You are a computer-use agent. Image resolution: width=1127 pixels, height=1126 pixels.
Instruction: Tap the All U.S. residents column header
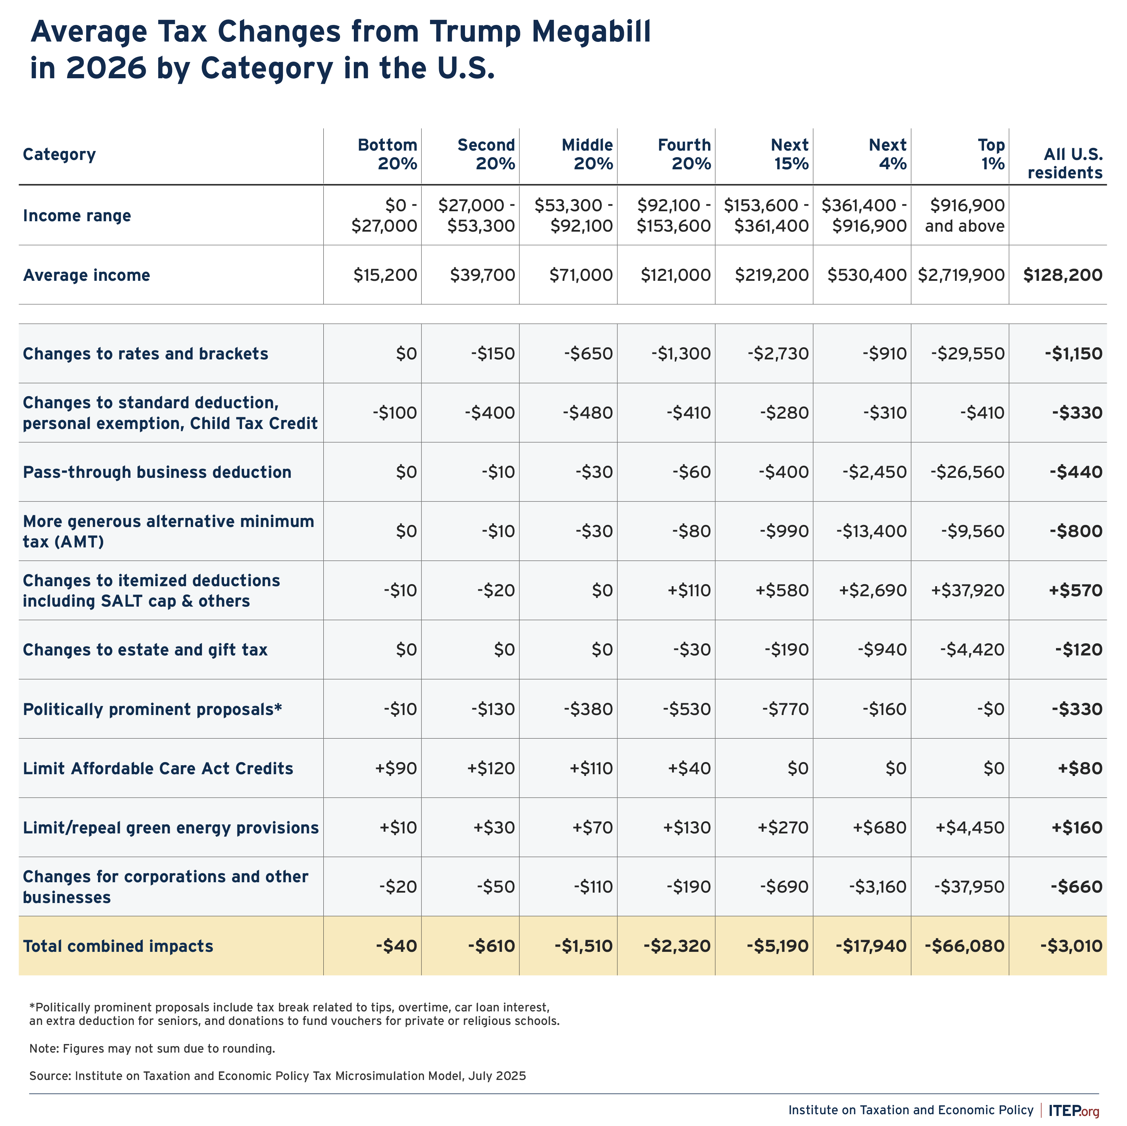(1065, 163)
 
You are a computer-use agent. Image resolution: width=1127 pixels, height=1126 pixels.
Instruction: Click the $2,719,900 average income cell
(961, 275)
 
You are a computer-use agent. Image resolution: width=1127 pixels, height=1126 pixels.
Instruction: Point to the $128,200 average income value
(1063, 275)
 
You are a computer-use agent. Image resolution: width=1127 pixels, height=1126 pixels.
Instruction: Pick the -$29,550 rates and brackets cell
(968, 354)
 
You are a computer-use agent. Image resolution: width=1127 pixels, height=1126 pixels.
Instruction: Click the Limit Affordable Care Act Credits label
(158, 768)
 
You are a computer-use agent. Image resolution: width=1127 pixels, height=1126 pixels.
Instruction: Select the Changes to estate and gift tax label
(145, 650)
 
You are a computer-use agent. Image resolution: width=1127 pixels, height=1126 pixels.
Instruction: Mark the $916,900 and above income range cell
(965, 216)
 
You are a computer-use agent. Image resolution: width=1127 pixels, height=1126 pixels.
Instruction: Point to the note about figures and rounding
(152, 1048)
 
